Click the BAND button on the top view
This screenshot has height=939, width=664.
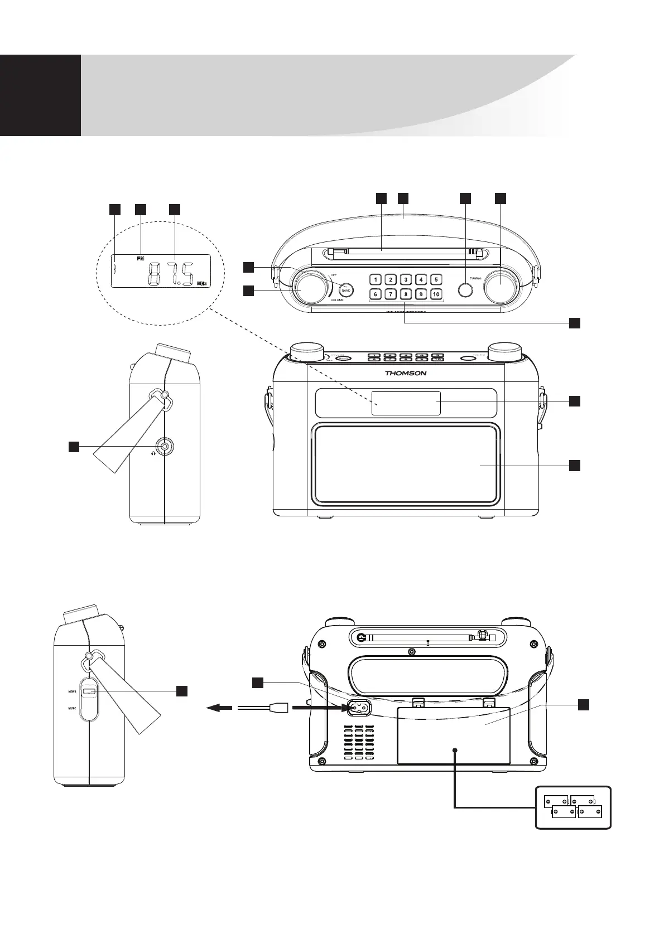(x=346, y=291)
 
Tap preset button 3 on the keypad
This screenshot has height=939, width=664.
(x=406, y=279)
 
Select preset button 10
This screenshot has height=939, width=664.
(x=436, y=294)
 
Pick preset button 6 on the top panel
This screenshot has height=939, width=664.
(x=376, y=294)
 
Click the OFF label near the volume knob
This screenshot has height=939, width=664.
(x=334, y=275)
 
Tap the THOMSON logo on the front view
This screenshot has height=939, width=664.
(x=406, y=373)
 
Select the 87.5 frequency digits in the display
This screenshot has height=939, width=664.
(x=171, y=275)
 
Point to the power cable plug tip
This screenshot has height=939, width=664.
(x=278, y=708)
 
